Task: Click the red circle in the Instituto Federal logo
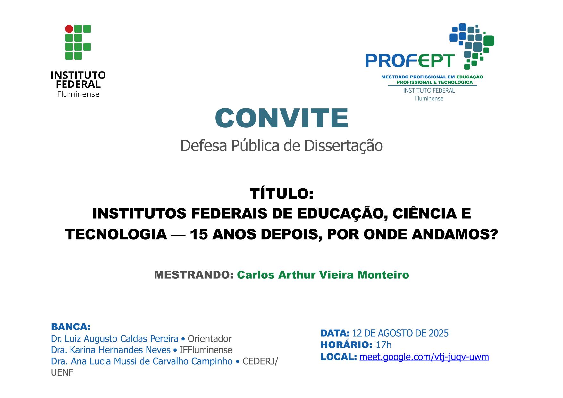[x=69, y=29]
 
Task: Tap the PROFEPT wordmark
[x=410, y=61]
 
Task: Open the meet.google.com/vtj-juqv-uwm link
[x=424, y=357]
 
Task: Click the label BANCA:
[x=71, y=327]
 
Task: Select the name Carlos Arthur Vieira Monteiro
[x=323, y=275]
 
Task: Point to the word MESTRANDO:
[x=194, y=275]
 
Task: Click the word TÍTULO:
[x=281, y=193]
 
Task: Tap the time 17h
[x=384, y=345]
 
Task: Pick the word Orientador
[x=210, y=339]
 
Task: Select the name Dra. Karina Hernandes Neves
[x=111, y=350]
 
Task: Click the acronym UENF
[x=62, y=373]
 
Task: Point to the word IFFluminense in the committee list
[x=206, y=350]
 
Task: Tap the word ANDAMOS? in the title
[x=454, y=235]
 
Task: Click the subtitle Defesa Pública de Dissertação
[x=281, y=146]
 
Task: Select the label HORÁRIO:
[x=346, y=345]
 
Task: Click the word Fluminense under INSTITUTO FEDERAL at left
[x=78, y=94]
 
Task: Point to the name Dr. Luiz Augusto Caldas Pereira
[x=114, y=339]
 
